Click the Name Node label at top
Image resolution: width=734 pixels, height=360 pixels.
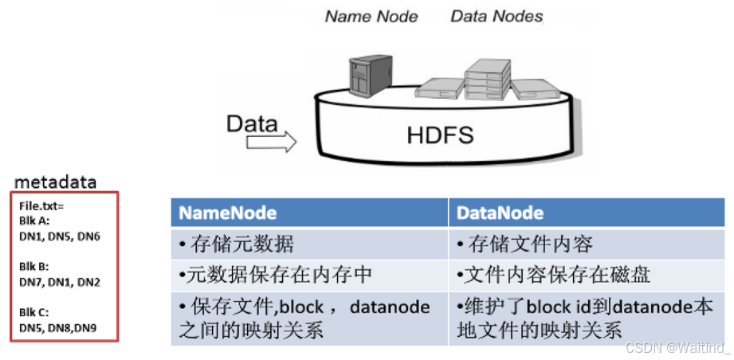[x=371, y=16]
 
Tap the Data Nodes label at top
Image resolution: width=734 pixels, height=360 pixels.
[x=497, y=16]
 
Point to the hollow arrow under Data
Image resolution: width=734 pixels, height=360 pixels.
[x=271, y=142]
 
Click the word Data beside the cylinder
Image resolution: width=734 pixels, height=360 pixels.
[x=252, y=123]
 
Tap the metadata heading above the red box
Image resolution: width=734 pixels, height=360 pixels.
[x=56, y=182]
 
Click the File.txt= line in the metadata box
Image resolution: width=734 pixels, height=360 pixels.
[x=41, y=205]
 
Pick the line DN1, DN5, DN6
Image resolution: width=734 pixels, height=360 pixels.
[x=60, y=236]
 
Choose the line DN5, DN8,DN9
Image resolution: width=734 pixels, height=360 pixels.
[x=58, y=327]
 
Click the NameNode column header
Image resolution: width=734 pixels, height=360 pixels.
[x=228, y=213]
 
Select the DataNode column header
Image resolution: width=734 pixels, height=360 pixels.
[x=500, y=213]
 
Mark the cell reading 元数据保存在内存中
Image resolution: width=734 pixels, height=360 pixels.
[x=275, y=275]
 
